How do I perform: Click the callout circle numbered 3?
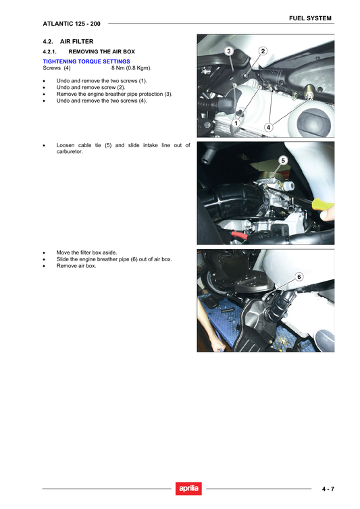point(229,52)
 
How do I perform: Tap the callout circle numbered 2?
point(263,51)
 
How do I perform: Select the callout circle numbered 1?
point(236,124)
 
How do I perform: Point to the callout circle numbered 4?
point(268,127)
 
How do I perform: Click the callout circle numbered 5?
point(283,160)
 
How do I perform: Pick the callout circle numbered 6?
point(299,277)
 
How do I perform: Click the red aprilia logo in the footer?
point(188,489)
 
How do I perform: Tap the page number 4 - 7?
point(329,489)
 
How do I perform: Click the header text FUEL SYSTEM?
point(310,18)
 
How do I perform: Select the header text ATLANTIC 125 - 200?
point(72,24)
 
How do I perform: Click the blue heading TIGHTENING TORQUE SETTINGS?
point(86,61)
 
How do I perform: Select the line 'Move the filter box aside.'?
point(86,252)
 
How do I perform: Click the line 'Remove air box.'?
point(76,266)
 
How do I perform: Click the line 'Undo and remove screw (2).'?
point(91,87)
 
